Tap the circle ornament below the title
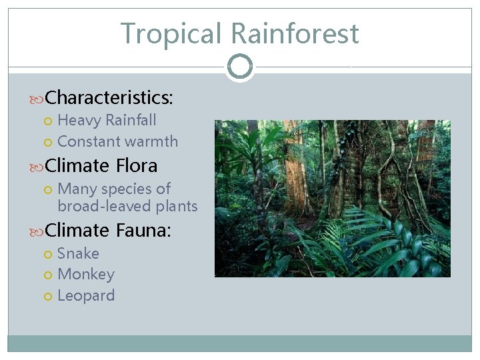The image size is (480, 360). point(239,67)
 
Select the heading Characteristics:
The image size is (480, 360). point(109,98)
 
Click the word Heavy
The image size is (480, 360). point(79,121)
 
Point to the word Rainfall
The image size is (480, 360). point(131,121)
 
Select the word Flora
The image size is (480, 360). point(137,165)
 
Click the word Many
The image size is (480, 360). point(77,189)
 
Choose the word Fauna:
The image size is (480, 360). point(144,231)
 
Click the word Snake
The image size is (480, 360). point(78,254)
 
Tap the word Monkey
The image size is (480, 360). point(86,275)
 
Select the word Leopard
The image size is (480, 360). point(86,296)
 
